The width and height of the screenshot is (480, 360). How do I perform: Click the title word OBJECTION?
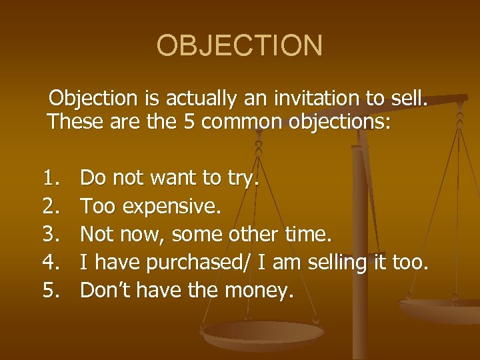click(239, 46)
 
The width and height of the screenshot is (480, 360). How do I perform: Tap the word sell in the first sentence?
click(407, 99)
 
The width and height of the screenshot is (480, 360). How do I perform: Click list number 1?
click(51, 178)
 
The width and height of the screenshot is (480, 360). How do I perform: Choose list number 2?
click(51, 206)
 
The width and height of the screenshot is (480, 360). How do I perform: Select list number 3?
click(51, 234)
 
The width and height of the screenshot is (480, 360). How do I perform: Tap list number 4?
click(51, 262)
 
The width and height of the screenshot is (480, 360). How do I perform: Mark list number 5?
click(51, 290)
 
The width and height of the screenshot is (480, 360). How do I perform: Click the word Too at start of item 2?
click(97, 206)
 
